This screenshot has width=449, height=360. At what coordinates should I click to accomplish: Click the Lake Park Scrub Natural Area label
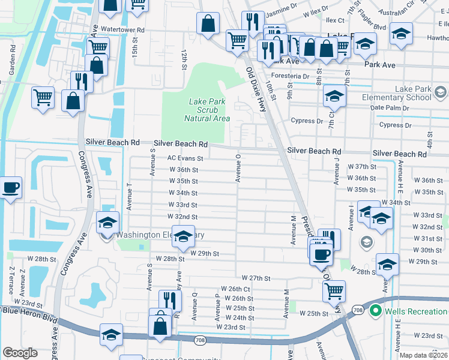coord(207,110)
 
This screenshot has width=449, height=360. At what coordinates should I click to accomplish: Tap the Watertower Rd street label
coord(123,29)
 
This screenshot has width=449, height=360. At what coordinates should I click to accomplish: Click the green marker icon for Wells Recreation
coord(376,311)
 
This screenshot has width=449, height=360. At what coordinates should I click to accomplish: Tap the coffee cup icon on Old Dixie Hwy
coord(321,253)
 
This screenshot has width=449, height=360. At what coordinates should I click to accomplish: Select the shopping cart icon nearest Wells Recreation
coord(334,291)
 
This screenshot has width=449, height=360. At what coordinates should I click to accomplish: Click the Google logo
coord(20,353)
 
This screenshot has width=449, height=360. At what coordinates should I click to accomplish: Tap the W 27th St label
coord(256,278)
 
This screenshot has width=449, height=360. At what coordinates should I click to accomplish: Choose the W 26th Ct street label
coord(235,289)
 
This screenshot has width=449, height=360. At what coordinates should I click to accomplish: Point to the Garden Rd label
coord(11,64)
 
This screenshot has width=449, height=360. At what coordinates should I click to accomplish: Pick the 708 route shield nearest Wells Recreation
coord(358,310)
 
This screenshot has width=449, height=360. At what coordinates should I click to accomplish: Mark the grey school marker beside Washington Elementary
coord(107,235)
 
